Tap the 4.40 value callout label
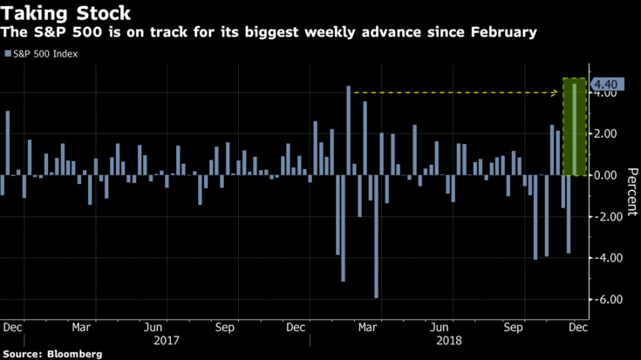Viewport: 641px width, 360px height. click(606, 84)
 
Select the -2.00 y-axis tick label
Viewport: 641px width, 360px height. click(606, 216)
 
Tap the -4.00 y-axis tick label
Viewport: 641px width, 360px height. click(606, 258)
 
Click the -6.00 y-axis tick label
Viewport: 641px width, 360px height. click(606, 299)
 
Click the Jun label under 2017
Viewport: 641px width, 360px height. click(153, 328)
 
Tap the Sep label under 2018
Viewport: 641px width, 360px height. click(513, 328)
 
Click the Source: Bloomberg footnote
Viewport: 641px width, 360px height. click(51, 354)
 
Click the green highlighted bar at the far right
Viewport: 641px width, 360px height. click(574, 126)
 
